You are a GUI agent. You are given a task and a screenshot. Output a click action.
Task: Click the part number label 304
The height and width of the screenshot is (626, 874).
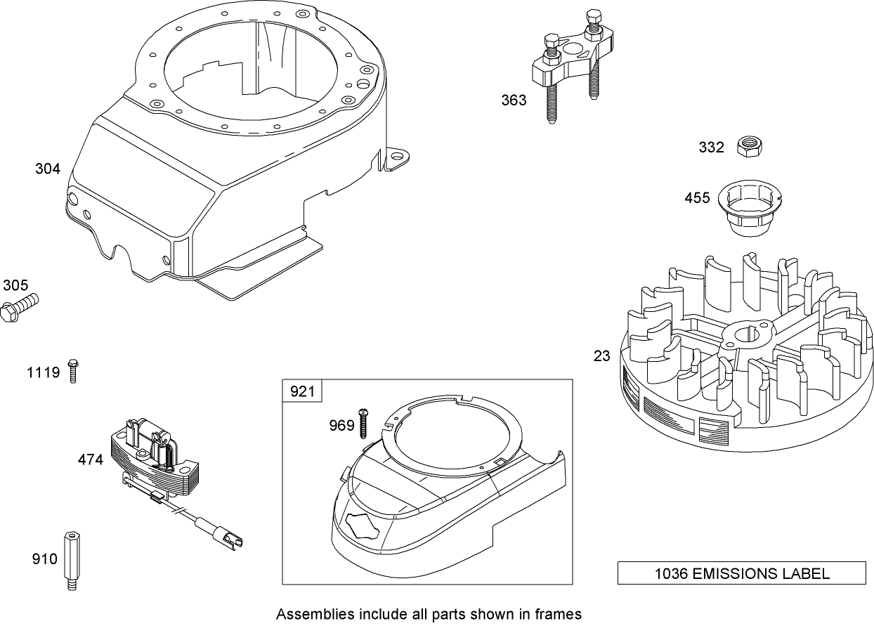[48, 169]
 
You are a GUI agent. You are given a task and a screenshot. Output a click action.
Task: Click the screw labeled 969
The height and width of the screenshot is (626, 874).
[364, 424]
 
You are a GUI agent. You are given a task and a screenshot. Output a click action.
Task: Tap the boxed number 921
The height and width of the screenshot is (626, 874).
[303, 391]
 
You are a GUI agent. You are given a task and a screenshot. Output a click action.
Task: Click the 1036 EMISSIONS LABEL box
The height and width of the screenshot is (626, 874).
[742, 573]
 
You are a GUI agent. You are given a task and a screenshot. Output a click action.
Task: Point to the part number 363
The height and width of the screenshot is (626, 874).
[514, 100]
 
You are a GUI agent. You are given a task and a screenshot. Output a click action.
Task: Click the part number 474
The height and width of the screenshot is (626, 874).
[91, 459]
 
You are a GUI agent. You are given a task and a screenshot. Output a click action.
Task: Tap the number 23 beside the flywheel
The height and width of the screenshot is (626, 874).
[602, 356]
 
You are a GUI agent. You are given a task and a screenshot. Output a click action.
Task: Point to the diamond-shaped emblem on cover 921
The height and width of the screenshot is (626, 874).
[363, 525]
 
